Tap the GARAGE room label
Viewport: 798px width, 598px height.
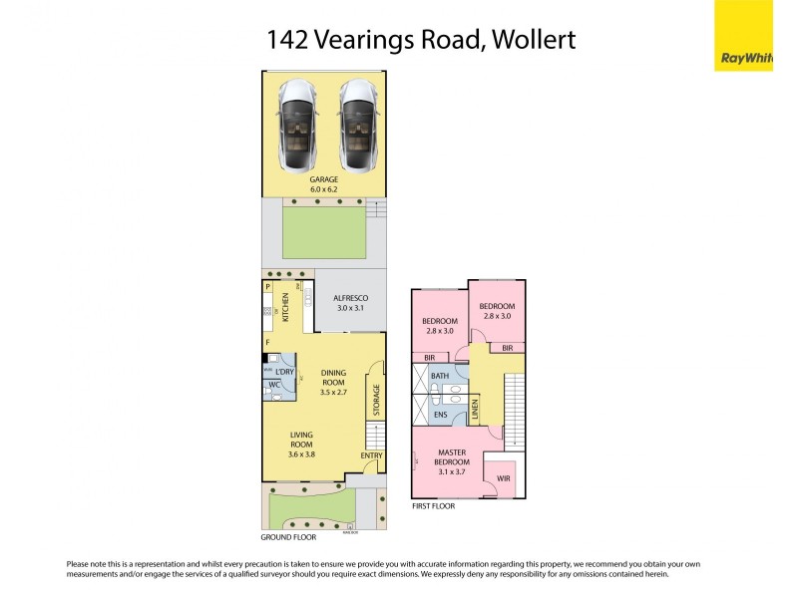tap(323, 179)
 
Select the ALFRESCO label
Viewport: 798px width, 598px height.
tap(351, 298)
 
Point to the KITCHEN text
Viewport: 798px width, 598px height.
tap(286, 307)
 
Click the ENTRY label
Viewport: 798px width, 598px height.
tap(371, 456)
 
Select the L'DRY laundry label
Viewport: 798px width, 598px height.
tap(285, 372)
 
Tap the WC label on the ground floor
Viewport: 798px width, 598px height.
tap(274, 384)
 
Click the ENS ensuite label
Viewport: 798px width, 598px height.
tap(439, 414)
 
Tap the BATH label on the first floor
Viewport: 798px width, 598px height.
tap(439, 376)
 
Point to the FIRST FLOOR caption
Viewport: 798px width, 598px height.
tap(433, 506)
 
